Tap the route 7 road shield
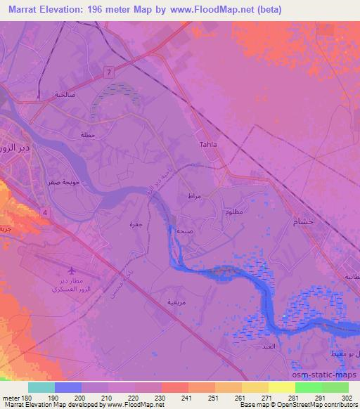[x=109, y=72]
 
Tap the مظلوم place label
[x=235, y=212]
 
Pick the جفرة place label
[x=136, y=224]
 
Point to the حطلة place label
[x=87, y=134]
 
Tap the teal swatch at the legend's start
[x=41, y=387]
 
